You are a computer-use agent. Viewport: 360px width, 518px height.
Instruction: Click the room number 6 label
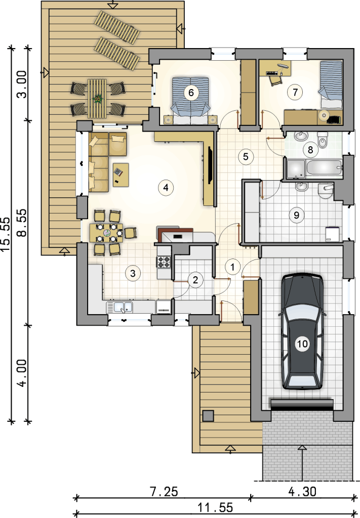tap(191, 93)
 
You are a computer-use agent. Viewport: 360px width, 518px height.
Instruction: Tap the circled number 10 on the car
tap(302, 344)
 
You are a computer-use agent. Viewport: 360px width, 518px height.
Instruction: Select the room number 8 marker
tap(310, 150)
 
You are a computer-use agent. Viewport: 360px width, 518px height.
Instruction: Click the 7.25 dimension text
tap(164, 492)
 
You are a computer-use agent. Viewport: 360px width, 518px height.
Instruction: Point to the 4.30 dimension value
tap(302, 492)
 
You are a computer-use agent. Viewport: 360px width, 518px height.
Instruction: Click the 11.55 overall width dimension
tap(215, 507)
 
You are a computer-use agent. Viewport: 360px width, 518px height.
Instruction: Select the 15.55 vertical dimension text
tap(6, 234)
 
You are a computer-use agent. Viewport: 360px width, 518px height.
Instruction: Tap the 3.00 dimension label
tap(22, 84)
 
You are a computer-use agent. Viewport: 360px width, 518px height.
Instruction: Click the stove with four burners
tap(164, 262)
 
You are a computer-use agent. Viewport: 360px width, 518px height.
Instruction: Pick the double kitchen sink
tap(119, 307)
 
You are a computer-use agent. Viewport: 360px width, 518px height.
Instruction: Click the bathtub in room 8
tap(324, 168)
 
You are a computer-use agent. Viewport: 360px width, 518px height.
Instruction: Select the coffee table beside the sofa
tap(121, 175)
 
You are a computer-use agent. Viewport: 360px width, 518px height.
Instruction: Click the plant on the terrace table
tap(98, 98)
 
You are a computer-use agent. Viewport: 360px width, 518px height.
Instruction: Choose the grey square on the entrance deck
tap(208, 416)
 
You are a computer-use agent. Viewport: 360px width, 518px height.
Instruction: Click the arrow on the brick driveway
tap(302, 462)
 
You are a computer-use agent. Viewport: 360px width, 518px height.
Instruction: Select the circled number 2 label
tap(195, 280)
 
